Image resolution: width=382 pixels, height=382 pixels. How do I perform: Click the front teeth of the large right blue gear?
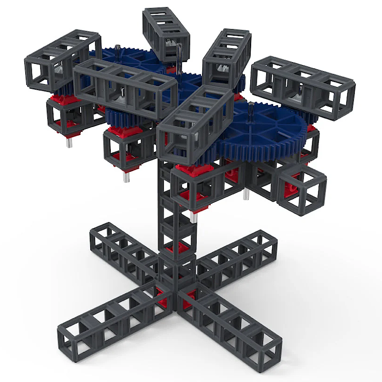coord(267,143)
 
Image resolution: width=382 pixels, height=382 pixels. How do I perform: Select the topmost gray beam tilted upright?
coord(165,33)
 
